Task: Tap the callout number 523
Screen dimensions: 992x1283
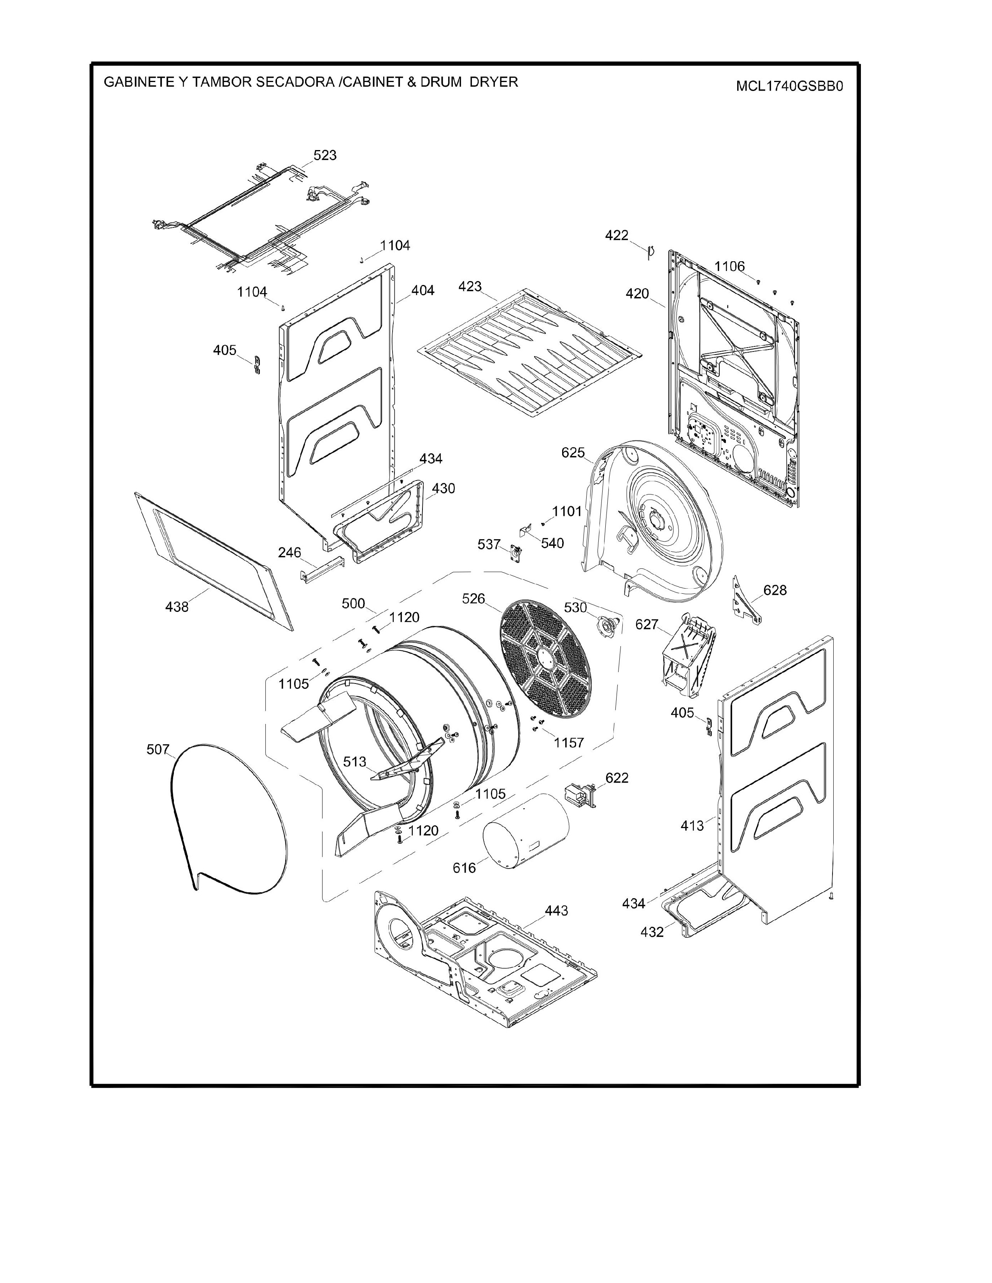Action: pos(325,155)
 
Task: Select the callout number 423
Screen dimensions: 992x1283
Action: pos(470,286)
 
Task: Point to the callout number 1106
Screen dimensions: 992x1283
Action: pos(729,266)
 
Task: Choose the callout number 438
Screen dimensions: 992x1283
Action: pos(177,607)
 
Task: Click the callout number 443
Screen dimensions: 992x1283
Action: pos(556,911)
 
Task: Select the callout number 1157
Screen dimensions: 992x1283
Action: pos(568,743)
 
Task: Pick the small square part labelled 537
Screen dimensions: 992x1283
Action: pos(517,553)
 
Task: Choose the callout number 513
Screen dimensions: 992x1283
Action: pos(355,761)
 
